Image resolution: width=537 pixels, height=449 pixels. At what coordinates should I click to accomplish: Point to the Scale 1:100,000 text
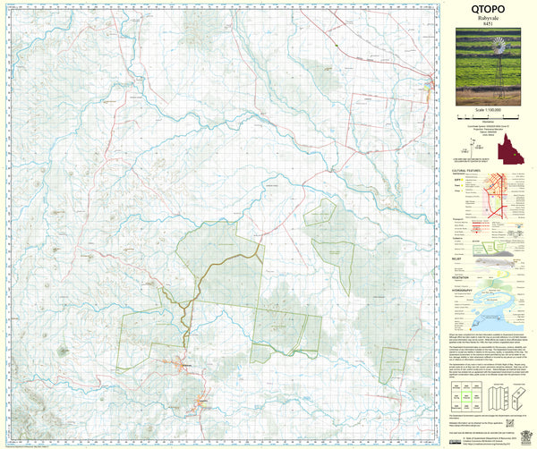487,109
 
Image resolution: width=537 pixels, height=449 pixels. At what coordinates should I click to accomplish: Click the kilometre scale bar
487,116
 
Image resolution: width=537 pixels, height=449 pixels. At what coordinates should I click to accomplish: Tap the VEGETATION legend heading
463,277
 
